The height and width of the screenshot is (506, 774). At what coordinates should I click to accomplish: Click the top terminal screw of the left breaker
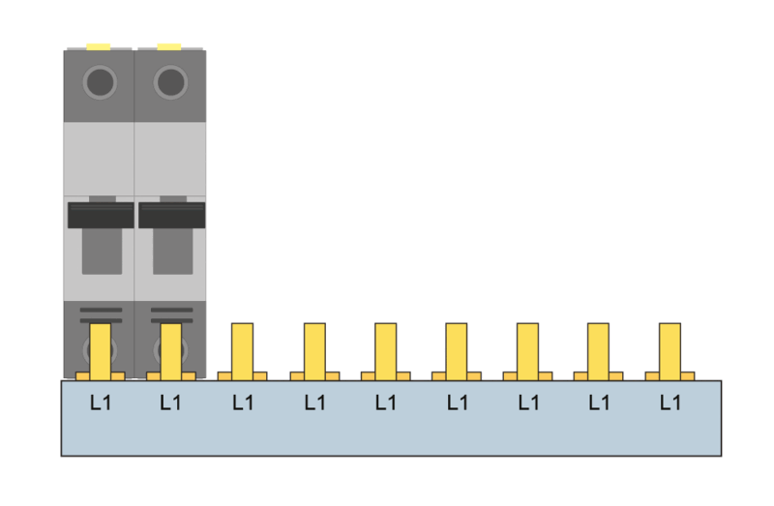100,82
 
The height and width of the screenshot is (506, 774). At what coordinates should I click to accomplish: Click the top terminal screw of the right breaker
171,82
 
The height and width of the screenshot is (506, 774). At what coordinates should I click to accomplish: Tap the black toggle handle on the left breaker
101,215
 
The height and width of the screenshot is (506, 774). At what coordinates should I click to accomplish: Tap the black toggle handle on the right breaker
172,215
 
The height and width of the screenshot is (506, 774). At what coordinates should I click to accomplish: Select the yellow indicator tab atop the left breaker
99,46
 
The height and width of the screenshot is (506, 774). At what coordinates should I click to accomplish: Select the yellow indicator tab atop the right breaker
169,46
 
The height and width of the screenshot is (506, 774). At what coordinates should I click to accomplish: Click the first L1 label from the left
101,402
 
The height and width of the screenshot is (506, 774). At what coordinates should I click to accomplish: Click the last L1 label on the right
670,402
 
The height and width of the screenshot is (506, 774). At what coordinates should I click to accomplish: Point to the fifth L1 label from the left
385,402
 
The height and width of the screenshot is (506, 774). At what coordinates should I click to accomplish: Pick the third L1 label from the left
243,402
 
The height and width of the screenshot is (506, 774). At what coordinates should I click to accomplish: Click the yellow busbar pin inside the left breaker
101,352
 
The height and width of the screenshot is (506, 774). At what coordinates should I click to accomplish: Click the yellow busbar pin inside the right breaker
171,352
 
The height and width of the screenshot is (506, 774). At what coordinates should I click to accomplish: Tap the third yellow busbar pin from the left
243,352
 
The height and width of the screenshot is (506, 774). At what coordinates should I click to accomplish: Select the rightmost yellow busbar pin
670,352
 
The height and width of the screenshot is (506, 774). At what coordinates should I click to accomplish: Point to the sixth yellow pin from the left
456,352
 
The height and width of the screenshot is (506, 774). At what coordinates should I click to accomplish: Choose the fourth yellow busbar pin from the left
315,352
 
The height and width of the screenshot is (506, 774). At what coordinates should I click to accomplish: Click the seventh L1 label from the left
528,402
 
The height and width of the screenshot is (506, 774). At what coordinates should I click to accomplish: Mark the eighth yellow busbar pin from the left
598,352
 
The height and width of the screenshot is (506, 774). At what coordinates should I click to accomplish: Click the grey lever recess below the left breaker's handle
103,252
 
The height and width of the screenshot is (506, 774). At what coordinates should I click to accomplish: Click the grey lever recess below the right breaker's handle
173,252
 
